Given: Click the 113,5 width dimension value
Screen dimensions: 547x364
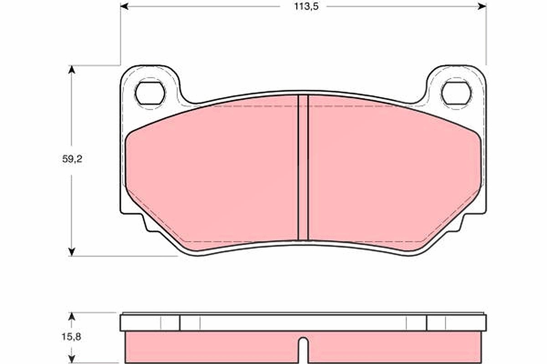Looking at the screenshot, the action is click(306, 6).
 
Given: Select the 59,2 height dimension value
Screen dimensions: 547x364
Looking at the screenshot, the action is click(72, 159).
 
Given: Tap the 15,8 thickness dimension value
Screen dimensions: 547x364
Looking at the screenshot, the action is click(71, 337).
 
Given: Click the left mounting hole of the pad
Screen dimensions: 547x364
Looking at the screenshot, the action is click(150, 93).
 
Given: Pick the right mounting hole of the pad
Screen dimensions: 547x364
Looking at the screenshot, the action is click(456, 93).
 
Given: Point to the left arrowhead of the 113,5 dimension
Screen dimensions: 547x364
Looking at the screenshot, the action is click(124, 6).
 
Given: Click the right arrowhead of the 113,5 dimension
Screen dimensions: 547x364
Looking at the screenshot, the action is click(482, 6).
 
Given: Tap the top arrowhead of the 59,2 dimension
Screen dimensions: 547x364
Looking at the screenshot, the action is click(71, 70).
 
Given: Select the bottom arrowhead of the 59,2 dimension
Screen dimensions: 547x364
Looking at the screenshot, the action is click(71, 252).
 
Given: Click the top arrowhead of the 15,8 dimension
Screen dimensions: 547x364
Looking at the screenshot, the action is click(71, 317).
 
